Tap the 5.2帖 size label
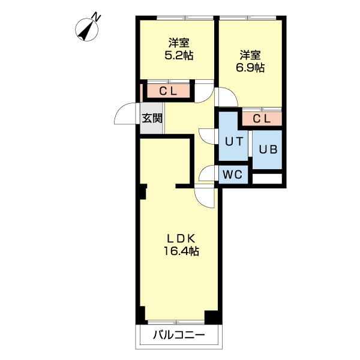(x=179, y=55)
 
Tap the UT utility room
(x=233, y=142)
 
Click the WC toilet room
(x=232, y=175)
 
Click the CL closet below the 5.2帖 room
(x=167, y=91)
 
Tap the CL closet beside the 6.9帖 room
(x=262, y=119)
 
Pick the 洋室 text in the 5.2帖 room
(x=179, y=43)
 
